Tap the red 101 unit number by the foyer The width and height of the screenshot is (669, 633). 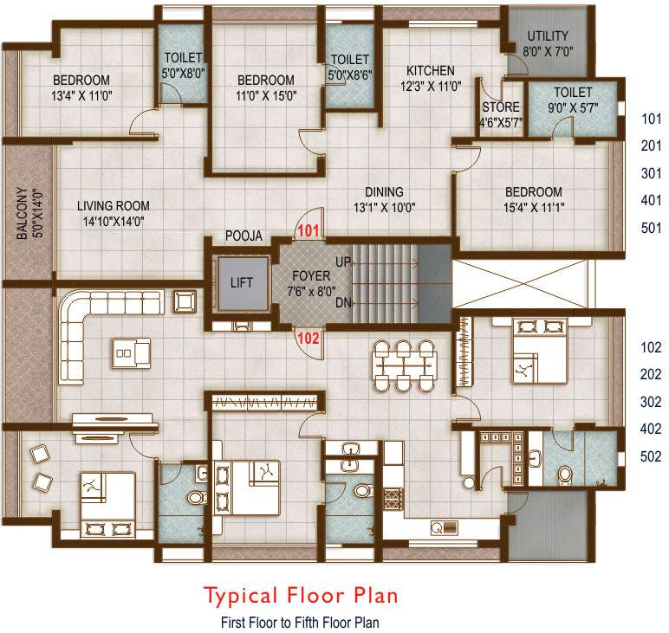click(x=309, y=231)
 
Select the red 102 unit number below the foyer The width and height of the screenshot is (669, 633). click(x=309, y=339)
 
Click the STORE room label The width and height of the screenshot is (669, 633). click(x=500, y=107)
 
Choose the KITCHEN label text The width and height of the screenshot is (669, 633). click(x=431, y=71)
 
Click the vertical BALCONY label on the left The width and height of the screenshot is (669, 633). click(x=23, y=212)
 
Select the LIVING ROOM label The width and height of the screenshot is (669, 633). click(x=113, y=206)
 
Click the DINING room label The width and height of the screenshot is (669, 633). click(x=384, y=192)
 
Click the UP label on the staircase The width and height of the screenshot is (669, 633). click(x=343, y=261)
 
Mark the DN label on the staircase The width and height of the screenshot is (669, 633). click(x=343, y=302)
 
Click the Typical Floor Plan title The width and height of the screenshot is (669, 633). click(x=301, y=596)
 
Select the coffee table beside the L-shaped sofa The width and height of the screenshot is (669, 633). click(x=131, y=352)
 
